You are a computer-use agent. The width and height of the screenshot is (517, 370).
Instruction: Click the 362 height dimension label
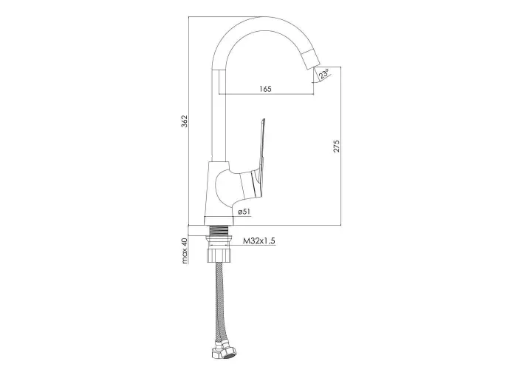pyautogui.click(x=185, y=121)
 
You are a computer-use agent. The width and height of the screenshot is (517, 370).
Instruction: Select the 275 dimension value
pyautogui.click(x=336, y=147)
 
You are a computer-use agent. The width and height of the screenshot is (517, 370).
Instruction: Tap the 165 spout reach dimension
pyautogui.click(x=265, y=89)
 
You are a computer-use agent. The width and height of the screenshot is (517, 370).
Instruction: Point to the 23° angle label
pyautogui.click(x=324, y=74)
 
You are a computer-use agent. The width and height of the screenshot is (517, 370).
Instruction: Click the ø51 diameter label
pyautogui.click(x=243, y=212)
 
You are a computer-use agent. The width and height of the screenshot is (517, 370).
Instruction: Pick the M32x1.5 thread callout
pyautogui.click(x=259, y=240)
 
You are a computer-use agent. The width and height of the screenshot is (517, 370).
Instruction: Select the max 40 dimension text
pyautogui.click(x=185, y=251)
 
